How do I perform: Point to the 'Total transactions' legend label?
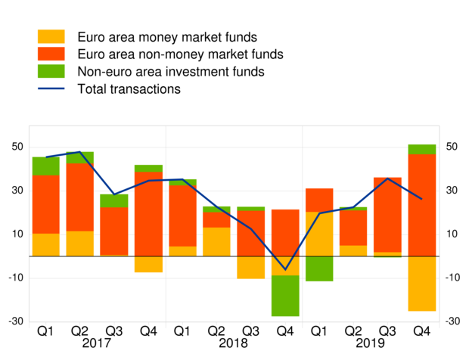point(129,89)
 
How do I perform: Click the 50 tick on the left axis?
point(15,147)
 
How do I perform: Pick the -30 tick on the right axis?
point(452,321)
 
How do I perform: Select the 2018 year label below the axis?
point(234,343)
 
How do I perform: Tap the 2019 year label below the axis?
point(370,343)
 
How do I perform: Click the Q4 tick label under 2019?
point(421,331)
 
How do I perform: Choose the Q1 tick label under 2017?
point(45,331)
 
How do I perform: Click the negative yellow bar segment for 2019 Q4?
point(421,284)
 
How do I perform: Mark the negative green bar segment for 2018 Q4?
point(285,296)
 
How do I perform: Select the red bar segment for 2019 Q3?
point(387,215)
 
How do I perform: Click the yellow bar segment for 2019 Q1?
point(319,234)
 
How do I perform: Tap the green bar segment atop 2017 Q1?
point(45,166)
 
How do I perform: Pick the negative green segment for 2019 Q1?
point(319,268)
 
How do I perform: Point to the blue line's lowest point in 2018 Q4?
point(285,269)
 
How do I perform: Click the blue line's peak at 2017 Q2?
point(79,152)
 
